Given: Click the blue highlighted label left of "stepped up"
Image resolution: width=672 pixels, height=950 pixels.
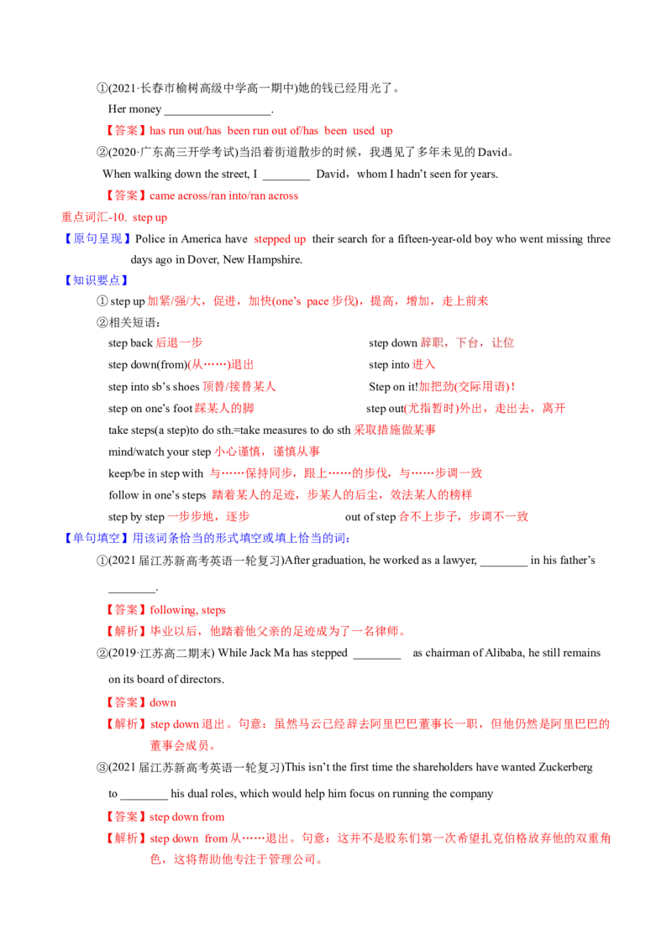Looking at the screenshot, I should coord(97,239).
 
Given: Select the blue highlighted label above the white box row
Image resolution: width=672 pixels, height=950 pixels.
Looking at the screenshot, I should coord(95,280).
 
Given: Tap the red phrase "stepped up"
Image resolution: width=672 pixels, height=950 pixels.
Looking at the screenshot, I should coord(278,240).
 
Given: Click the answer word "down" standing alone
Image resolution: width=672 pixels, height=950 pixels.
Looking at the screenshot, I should coord(164,702).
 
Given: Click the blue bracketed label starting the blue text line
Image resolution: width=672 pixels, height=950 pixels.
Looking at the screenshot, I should coord(97,537).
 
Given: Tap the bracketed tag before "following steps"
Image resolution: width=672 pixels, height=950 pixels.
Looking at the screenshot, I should coord(126,611).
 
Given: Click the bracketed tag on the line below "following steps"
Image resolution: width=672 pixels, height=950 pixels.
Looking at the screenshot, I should coord(126,631).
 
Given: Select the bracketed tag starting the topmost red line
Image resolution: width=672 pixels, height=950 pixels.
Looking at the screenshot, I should coord(126,131).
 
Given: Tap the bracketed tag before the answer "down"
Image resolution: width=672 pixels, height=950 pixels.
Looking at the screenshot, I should coord(126,702).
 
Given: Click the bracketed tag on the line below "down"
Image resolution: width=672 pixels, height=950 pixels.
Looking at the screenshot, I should coord(126,723).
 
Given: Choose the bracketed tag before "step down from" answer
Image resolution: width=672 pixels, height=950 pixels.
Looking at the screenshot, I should coord(126,817).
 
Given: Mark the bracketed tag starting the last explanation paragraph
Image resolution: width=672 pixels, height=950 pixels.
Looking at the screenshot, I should coord(126,838).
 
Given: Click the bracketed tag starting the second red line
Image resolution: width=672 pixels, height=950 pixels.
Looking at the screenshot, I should coord(126,195).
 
